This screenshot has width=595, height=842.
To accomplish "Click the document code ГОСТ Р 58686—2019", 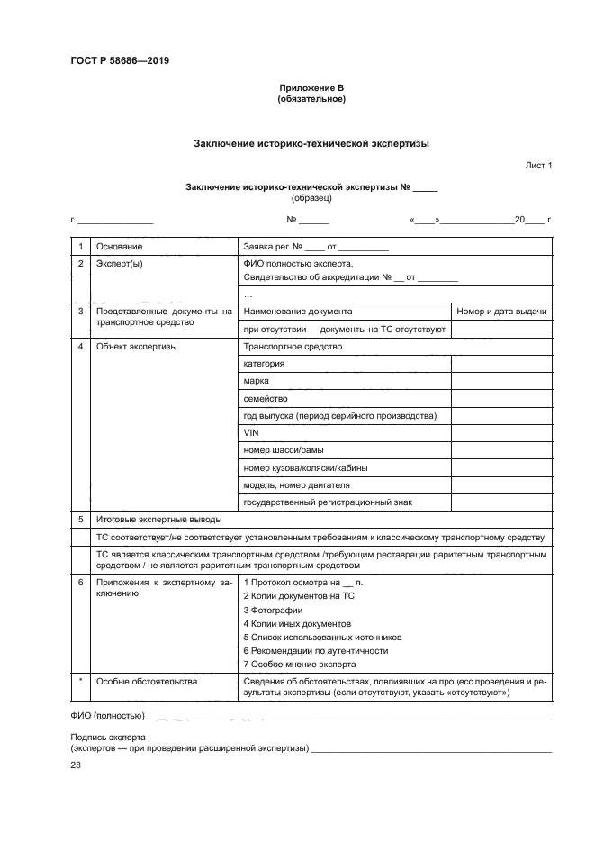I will click(120, 61).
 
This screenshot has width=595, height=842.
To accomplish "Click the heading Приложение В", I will click(311, 87).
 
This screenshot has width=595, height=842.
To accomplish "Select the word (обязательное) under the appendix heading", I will click(311, 99).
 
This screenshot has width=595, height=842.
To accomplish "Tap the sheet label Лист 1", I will click(538, 166).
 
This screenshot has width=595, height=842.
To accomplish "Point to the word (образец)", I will click(311, 197).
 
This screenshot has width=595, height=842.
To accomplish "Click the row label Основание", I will click(120, 247).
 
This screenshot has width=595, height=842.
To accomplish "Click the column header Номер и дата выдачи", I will click(501, 312).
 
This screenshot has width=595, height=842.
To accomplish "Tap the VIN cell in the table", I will click(251, 433).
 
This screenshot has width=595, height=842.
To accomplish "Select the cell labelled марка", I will click(256, 381).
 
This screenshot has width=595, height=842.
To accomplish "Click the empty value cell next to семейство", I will click(500, 398).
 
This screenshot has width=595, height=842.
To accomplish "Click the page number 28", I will click(76, 765).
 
